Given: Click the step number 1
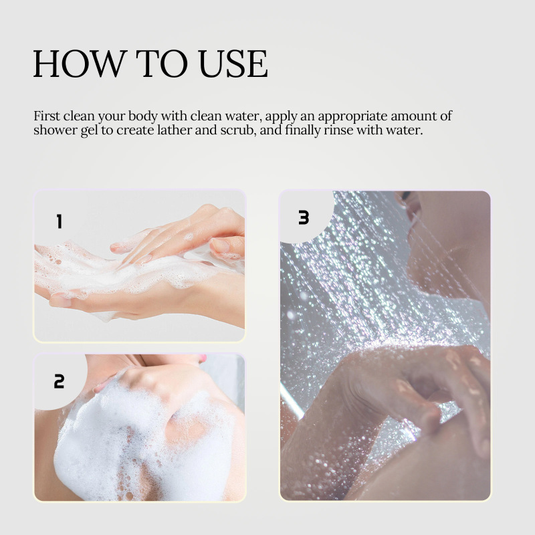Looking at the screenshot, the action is click(x=60, y=221).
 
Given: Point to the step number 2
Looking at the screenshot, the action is click(x=59, y=381).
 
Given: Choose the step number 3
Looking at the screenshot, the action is click(x=304, y=217).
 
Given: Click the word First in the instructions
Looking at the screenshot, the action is click(x=47, y=116).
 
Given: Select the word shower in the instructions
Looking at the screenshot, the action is click(x=56, y=130).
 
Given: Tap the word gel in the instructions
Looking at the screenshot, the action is click(x=89, y=131).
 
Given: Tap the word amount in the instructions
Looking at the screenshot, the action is click(x=413, y=116).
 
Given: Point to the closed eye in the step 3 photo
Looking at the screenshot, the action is click(x=406, y=195).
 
